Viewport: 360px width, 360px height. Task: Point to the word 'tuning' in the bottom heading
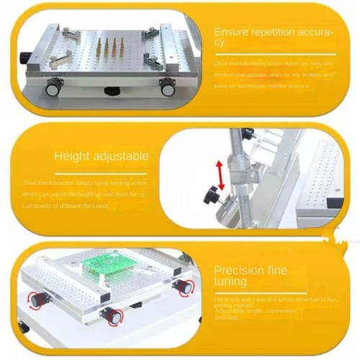tap(230, 282)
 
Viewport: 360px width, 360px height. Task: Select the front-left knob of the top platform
tap(54, 89)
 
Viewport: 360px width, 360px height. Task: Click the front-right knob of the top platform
tap(168, 89)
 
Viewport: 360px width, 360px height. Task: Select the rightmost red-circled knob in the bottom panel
tap(184, 287)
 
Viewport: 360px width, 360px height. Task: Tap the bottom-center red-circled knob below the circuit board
tap(111, 314)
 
